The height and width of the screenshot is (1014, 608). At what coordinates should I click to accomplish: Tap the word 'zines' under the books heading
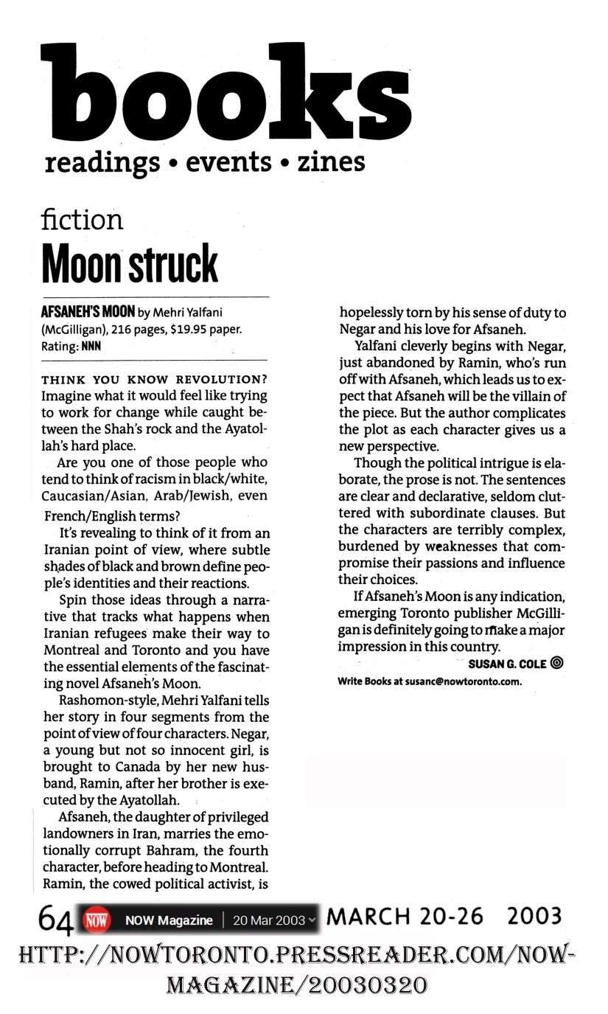[331, 161]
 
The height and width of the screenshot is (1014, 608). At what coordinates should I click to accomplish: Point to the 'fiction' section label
[82, 219]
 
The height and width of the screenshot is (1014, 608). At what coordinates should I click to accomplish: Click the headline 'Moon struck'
[130, 263]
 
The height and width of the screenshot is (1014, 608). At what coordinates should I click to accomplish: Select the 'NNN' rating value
[91, 344]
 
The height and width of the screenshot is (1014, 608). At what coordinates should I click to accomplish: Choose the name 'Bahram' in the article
[158, 850]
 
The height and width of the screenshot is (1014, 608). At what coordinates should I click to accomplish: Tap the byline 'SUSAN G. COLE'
[507, 664]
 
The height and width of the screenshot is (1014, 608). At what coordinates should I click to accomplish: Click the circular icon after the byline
[557, 663]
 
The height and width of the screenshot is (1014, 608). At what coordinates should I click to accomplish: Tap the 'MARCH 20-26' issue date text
[405, 917]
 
